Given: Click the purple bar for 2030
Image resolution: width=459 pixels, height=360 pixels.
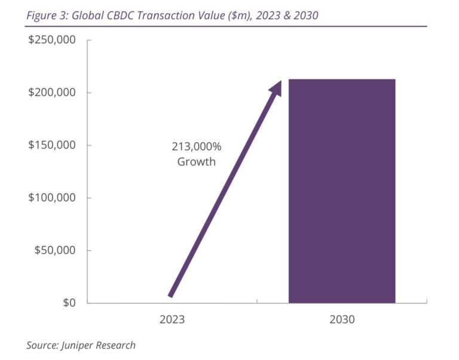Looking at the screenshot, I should [342, 191].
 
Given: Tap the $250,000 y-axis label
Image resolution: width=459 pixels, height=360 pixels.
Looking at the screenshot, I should [51, 40].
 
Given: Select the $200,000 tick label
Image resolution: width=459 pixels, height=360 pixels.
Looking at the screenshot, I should [51, 93].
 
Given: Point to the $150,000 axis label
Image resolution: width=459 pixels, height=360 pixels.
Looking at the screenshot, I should [51, 145].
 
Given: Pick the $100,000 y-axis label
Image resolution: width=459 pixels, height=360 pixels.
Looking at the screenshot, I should [51, 198].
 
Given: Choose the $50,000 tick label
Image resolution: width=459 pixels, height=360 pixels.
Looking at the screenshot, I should [54, 250].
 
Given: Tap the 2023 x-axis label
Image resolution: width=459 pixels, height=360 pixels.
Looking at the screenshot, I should [172, 319].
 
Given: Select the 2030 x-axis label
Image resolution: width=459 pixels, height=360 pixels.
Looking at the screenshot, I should [342, 319].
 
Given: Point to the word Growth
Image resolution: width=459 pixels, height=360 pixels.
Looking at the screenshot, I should [196, 162].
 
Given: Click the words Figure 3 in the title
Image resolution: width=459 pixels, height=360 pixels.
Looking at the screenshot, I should [45, 15].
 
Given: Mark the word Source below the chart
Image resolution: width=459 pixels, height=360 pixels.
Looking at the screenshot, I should [42, 345].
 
